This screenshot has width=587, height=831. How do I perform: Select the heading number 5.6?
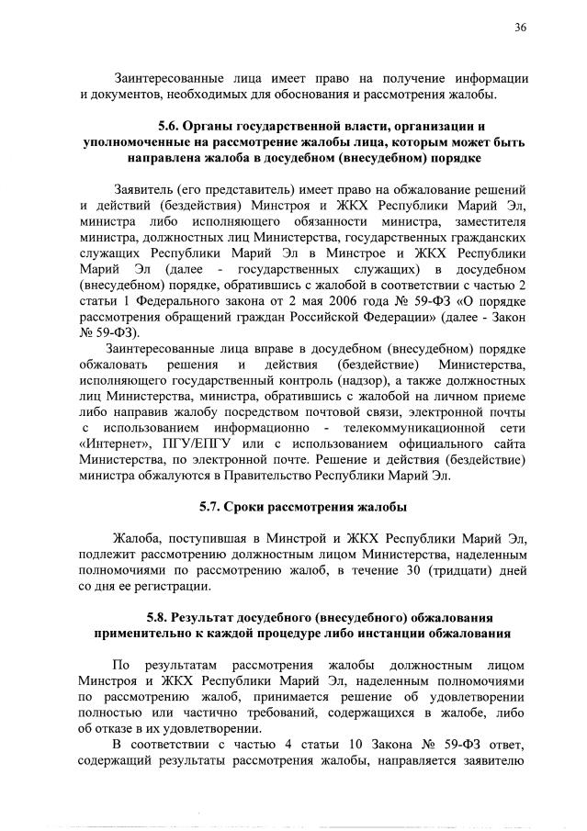pos(173,125)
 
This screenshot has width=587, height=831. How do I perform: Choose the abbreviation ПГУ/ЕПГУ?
pos(195,444)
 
